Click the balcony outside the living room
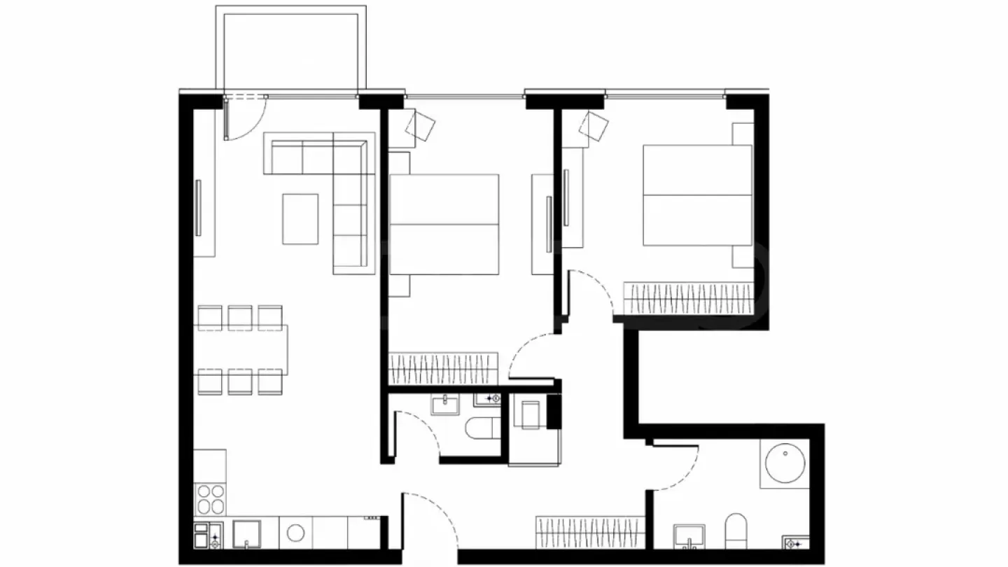tap(290, 49)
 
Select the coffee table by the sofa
tap(300, 219)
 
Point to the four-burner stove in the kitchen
tap(211, 499)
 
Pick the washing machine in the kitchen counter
tap(295, 533)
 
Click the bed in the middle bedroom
tap(444, 224)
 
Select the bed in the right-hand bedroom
tap(697, 195)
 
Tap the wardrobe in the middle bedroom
tap(443, 368)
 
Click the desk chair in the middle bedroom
tap(421, 126)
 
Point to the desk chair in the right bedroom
tap(594, 126)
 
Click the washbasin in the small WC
tap(444, 405)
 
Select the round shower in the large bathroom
tap(784, 463)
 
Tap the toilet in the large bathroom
tap(736, 532)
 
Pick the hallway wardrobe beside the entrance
tap(589, 531)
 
